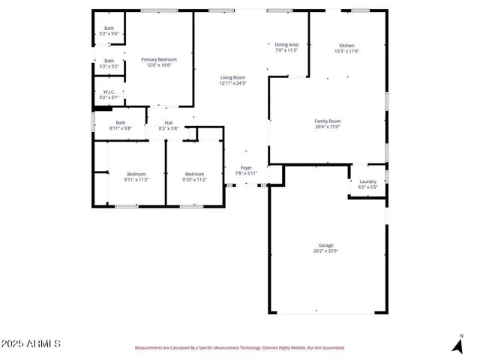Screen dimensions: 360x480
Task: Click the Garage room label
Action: [x=325, y=245]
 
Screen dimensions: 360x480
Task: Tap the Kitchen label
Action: [x=346, y=46]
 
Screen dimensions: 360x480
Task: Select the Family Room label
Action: [x=327, y=121]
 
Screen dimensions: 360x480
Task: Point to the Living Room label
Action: [x=232, y=78]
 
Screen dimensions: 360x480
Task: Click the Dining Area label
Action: [x=286, y=45]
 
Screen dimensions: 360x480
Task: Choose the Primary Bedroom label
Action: [x=158, y=59]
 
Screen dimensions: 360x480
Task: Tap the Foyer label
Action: [x=245, y=167]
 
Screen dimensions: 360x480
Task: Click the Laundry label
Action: [x=367, y=181]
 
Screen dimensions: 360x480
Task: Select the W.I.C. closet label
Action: [x=109, y=92]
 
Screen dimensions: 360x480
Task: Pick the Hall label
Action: [x=169, y=123]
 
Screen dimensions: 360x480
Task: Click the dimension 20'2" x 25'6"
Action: [x=325, y=251]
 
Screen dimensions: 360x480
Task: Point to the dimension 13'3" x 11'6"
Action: [x=346, y=51]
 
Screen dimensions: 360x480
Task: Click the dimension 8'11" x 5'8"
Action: [x=121, y=128]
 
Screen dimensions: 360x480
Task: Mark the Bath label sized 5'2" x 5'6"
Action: [x=109, y=29]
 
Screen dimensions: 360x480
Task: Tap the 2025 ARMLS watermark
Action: [x=31, y=343]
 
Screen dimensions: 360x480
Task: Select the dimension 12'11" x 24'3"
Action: [x=232, y=83]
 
